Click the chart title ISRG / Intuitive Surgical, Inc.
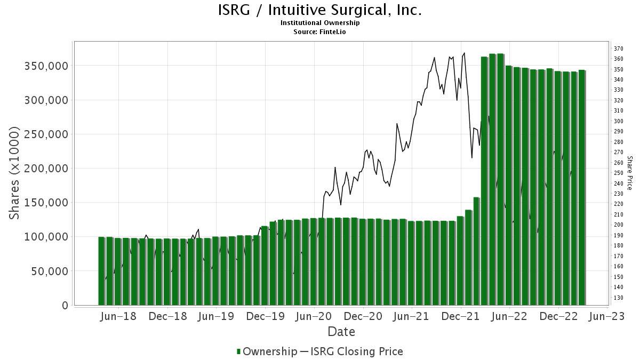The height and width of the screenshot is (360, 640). pyautogui.click(x=320, y=10)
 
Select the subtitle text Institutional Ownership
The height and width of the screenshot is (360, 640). pyautogui.click(x=320, y=23)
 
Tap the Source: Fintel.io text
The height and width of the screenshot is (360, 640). pyautogui.click(x=320, y=31)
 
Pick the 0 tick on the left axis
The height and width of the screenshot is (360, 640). pyautogui.click(x=65, y=305)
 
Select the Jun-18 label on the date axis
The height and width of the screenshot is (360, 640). pyautogui.click(x=118, y=316)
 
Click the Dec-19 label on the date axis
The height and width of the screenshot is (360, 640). pyautogui.click(x=265, y=316)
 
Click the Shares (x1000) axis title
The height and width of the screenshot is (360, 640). pyautogui.click(x=15, y=173)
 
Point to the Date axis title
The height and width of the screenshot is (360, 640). pyautogui.click(x=341, y=332)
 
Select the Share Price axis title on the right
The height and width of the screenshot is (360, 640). pyautogui.click(x=630, y=173)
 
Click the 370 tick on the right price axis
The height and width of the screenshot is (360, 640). pyautogui.click(x=619, y=49)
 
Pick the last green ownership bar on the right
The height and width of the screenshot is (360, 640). pyautogui.click(x=582, y=187)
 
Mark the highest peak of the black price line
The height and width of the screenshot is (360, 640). pyautogui.click(x=465, y=53)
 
